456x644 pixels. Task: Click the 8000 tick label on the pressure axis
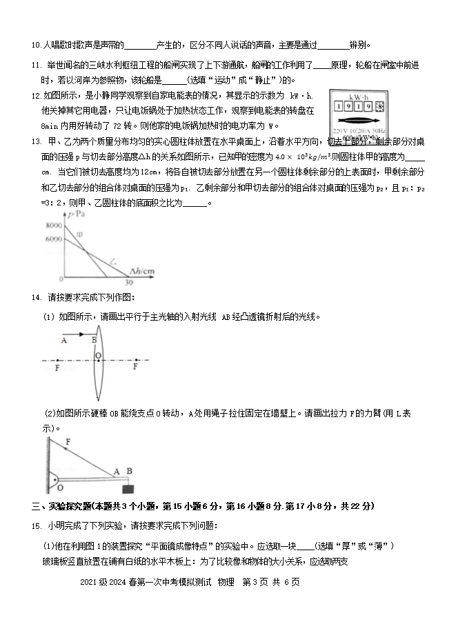pyautogui.click(x=52, y=225)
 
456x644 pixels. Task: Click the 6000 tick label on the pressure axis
pyautogui.click(x=52, y=239)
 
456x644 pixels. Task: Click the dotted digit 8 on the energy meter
pyautogui.click(x=379, y=106)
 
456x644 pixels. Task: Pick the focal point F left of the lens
pyautogui.click(x=57, y=368)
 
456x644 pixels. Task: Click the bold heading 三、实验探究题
pyautogui.click(x=63, y=507)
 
